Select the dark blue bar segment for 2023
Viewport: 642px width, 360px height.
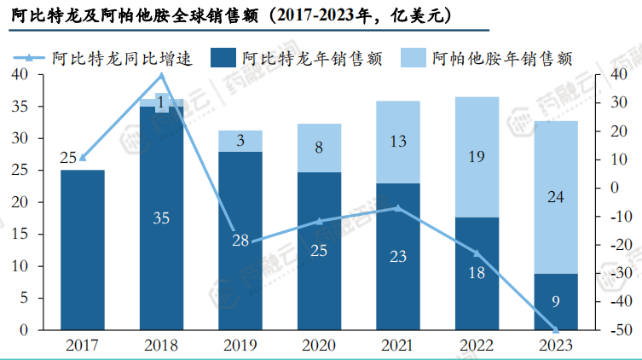point(555,301)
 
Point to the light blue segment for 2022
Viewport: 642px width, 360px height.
point(477,156)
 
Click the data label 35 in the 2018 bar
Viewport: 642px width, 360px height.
point(161,218)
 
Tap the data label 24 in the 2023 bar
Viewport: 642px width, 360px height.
point(555,197)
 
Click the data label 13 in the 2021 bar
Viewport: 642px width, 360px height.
point(398,142)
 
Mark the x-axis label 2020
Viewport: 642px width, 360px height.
point(319,345)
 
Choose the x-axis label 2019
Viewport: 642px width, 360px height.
point(240,345)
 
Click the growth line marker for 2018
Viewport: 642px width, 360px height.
point(161,75)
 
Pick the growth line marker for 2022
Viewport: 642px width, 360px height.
point(477,253)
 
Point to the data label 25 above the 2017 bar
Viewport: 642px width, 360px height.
point(69,157)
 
